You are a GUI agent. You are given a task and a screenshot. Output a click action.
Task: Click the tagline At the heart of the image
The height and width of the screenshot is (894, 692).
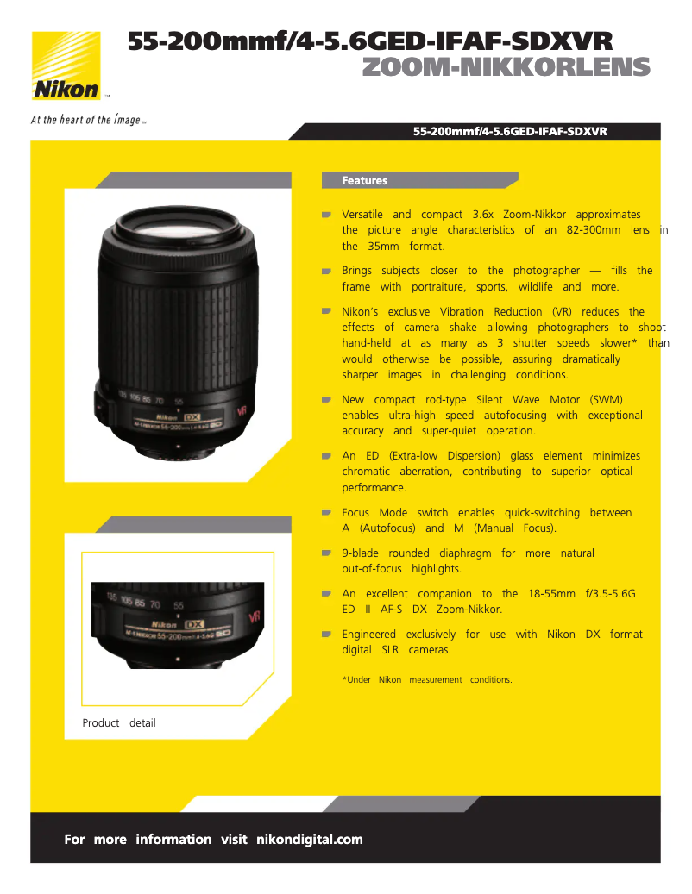(x=86, y=120)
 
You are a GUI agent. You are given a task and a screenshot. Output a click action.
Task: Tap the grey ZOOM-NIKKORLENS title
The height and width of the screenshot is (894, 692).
(x=506, y=67)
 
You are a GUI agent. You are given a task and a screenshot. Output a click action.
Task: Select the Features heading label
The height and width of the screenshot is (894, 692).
(x=364, y=181)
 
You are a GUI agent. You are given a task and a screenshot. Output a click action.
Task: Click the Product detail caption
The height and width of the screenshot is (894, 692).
(x=119, y=723)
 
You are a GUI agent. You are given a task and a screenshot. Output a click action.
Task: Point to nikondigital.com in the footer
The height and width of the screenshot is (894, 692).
(x=310, y=840)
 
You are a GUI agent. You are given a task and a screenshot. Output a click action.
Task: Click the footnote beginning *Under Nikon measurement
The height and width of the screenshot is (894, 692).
(x=427, y=680)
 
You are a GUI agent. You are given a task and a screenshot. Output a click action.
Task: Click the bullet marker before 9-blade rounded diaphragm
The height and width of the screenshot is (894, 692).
(x=327, y=553)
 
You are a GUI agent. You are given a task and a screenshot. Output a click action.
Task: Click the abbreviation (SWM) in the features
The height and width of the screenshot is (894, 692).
(x=606, y=400)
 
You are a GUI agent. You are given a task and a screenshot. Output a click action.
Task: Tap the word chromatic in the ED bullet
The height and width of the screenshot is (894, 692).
(x=366, y=472)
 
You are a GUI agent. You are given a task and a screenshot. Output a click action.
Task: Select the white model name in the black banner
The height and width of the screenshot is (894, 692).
(x=510, y=132)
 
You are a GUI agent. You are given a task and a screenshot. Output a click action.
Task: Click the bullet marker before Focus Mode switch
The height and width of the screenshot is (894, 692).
(x=327, y=513)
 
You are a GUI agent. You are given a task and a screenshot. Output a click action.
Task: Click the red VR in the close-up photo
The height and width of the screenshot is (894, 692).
(x=255, y=616)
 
